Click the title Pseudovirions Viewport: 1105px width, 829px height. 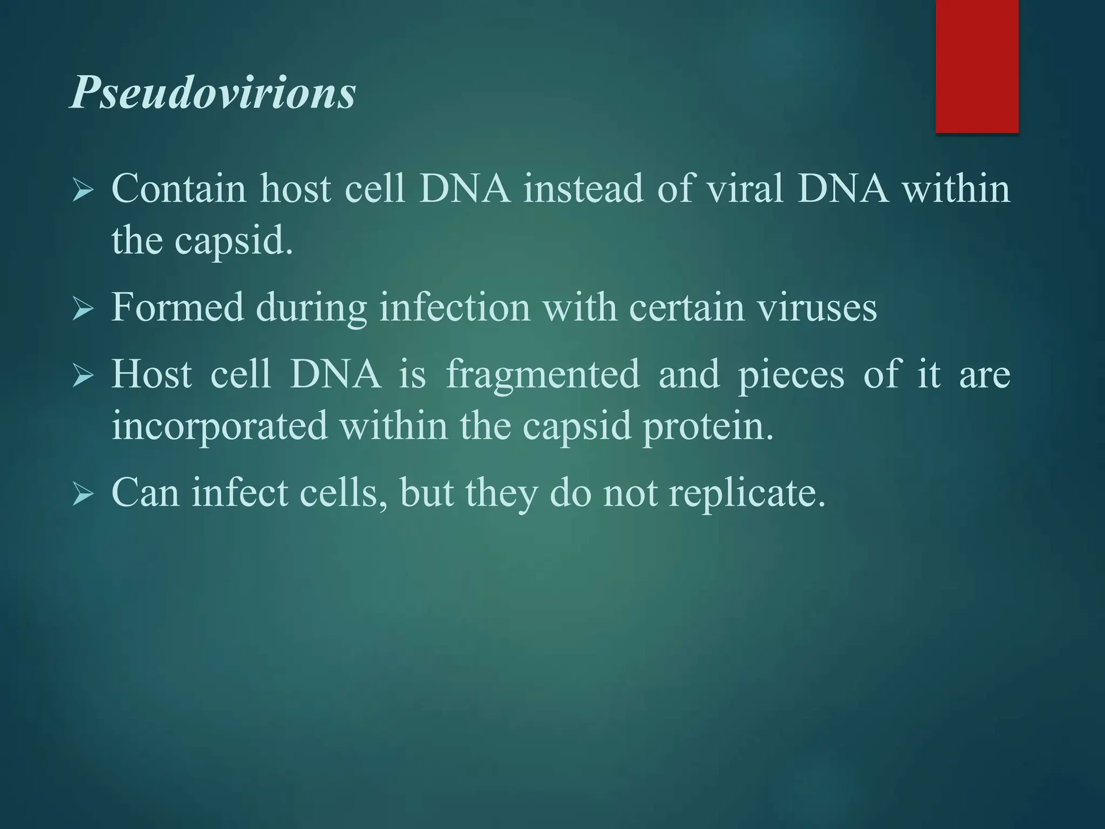(213, 93)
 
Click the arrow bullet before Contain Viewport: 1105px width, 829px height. (83, 191)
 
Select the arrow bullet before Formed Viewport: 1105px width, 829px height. (83, 309)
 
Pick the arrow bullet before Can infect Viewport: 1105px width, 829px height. (83, 494)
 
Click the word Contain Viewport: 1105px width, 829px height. (179, 189)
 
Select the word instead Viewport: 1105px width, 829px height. (583, 189)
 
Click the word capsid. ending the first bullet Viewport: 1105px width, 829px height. (234, 241)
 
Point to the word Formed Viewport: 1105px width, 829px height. (178, 308)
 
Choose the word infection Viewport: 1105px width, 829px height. (455, 308)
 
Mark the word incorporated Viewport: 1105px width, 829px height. (220, 426)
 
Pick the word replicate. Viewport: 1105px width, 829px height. (747, 493)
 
